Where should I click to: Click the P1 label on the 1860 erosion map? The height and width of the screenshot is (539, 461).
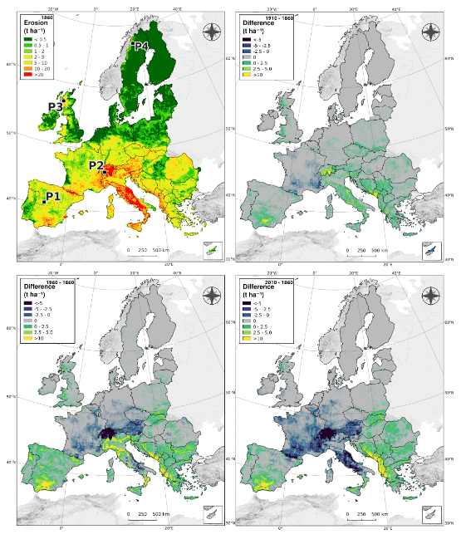click(x=53, y=197)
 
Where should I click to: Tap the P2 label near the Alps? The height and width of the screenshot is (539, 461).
click(x=96, y=165)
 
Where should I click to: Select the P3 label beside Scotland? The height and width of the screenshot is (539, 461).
click(x=56, y=106)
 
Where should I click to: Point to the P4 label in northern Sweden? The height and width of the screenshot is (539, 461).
click(x=140, y=46)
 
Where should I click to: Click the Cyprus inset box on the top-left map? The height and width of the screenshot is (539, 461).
click(x=213, y=247)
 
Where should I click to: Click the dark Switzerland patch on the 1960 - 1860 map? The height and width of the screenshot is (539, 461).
click(x=108, y=434)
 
